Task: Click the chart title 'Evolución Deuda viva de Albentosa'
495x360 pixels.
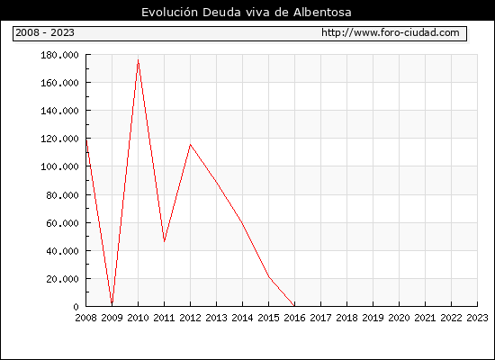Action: (247, 13)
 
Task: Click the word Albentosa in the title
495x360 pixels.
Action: (322, 13)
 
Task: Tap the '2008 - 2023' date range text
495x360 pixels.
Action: (45, 32)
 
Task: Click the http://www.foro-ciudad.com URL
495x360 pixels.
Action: (391, 32)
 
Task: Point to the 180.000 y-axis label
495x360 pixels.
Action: (59, 55)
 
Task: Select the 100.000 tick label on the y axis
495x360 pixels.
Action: (59, 166)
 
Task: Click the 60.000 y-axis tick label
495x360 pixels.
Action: (62, 223)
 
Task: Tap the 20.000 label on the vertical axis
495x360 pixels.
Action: (62, 279)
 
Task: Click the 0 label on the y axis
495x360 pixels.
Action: (76, 307)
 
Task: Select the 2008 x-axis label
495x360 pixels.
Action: (85, 318)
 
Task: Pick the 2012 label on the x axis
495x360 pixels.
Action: (190, 318)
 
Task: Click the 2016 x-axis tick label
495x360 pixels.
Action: (294, 318)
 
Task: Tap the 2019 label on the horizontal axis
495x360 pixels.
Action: (373, 318)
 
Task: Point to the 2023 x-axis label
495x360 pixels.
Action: (477, 318)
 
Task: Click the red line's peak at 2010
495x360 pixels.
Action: (138, 59)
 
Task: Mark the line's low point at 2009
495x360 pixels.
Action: (112, 303)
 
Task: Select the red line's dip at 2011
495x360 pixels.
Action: (164, 241)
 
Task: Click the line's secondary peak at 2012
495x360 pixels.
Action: (190, 144)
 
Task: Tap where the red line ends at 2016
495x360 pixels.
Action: (294, 306)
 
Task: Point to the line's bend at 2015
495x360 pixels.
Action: (269, 277)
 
